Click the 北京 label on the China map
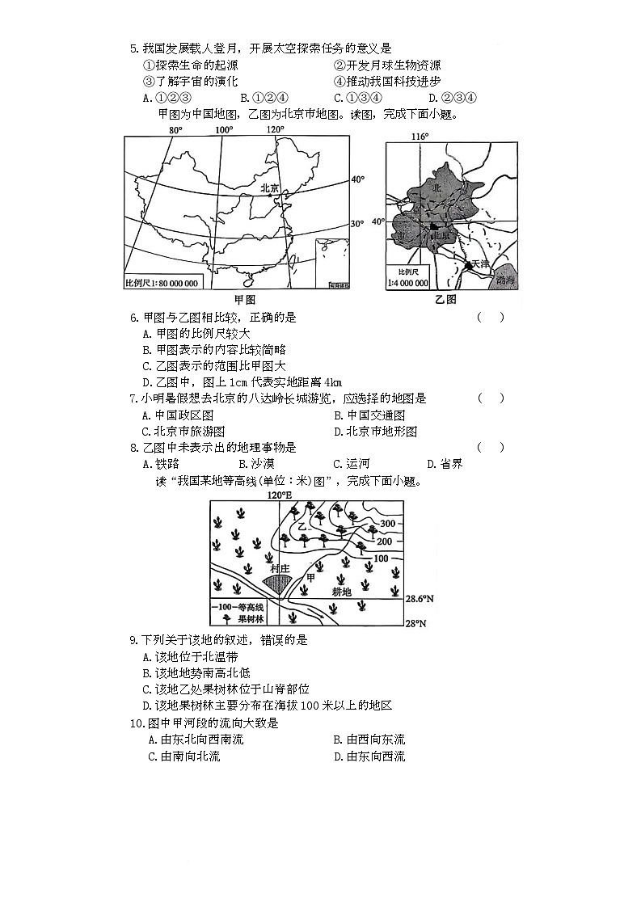[x=268, y=188]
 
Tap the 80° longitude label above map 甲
[x=175, y=130]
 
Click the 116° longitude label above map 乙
[x=420, y=137]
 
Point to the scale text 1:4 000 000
[x=408, y=283]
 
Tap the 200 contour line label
[x=385, y=541]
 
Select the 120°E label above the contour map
[x=280, y=495]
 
